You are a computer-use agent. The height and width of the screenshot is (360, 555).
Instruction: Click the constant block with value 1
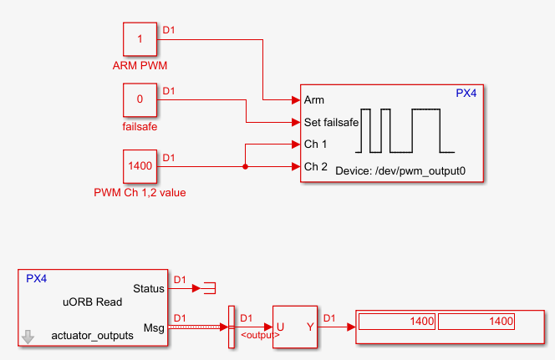(140, 39)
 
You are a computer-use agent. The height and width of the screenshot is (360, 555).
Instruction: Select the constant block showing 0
(140, 99)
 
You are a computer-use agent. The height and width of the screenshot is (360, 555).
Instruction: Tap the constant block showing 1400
(140, 166)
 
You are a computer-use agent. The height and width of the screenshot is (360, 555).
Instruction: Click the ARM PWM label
(140, 64)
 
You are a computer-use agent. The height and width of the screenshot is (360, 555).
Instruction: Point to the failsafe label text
(140, 127)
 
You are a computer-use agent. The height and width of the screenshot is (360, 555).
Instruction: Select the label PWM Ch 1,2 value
(140, 193)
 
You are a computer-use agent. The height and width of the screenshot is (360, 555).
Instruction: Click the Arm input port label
(314, 99)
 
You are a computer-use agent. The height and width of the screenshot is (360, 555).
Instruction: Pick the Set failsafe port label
(331, 122)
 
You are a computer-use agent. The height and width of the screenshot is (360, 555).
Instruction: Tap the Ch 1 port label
(316, 144)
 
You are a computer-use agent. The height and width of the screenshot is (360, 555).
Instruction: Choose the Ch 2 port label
(316, 166)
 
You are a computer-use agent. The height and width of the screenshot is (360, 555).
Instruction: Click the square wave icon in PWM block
(405, 130)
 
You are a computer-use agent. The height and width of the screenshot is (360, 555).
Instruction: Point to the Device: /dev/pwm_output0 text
(400, 170)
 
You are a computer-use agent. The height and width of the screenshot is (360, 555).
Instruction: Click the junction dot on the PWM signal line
(245, 166)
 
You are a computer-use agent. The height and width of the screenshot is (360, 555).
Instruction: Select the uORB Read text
(93, 302)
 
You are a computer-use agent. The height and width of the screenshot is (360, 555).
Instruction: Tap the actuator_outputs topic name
(92, 336)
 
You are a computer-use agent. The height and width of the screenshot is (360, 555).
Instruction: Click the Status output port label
(149, 288)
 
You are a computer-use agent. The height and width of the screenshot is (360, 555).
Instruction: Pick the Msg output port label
(155, 327)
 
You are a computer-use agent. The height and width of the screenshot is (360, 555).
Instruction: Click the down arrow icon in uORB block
(28, 337)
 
